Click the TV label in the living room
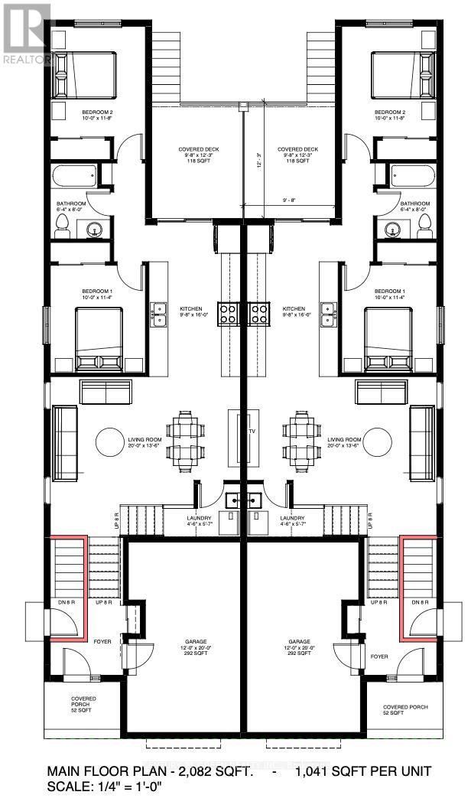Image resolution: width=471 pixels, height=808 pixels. [x=249, y=432]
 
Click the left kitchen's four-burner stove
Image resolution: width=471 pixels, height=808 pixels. [x=229, y=312]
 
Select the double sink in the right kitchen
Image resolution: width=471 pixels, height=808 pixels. [x=330, y=313]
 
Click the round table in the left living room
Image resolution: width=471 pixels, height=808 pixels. [x=109, y=441]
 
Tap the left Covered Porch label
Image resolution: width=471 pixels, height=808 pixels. [x=83, y=702]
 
